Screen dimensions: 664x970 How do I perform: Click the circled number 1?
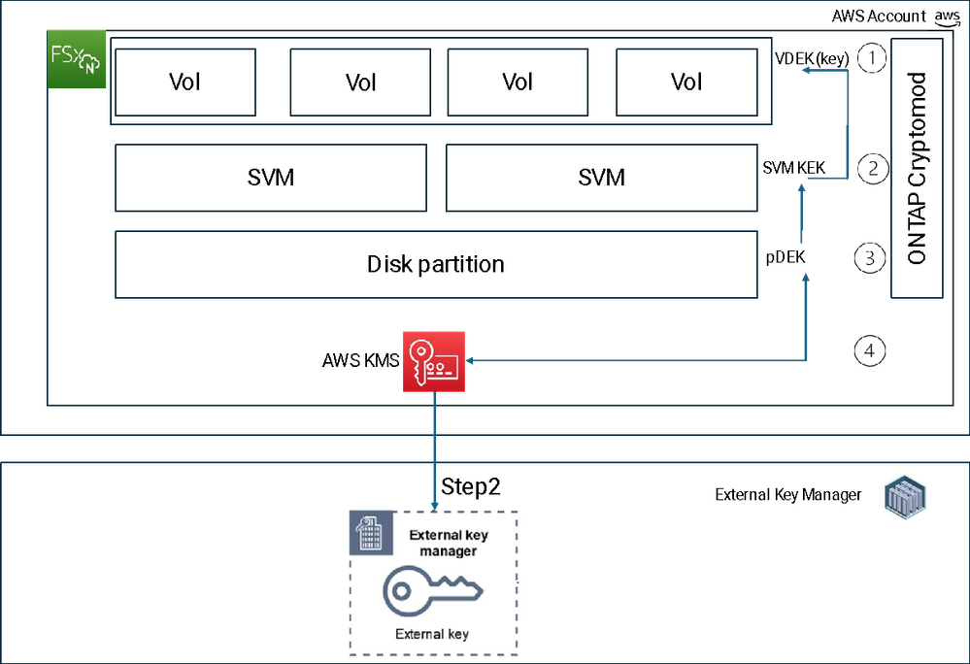click(872, 58)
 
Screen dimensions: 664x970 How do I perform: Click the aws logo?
click(946, 18)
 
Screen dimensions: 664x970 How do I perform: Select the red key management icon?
click(434, 361)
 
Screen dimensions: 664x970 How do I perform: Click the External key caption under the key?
click(433, 634)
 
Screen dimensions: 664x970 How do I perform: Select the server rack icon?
click(904, 496)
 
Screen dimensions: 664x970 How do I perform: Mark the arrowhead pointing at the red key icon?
click(473, 361)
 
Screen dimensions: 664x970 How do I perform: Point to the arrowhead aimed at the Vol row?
click(805, 70)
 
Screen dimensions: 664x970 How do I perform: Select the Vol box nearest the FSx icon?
click(184, 83)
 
